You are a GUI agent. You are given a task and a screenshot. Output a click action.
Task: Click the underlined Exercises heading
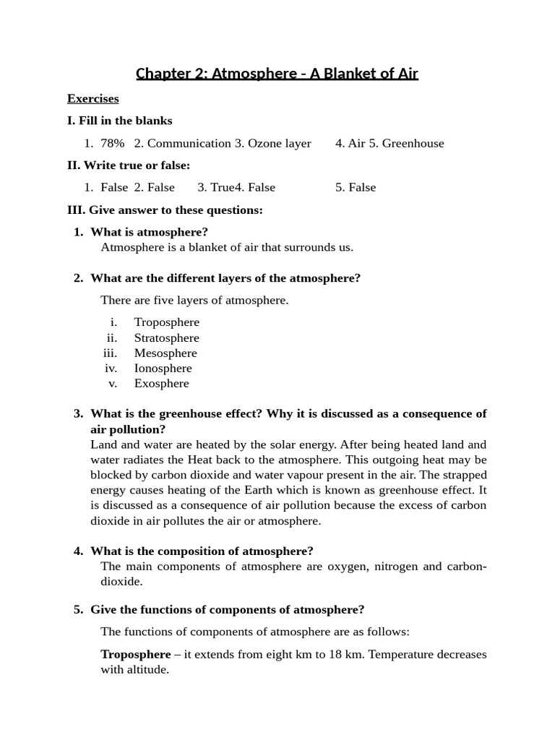point(92,98)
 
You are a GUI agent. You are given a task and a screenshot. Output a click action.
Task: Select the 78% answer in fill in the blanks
point(113,143)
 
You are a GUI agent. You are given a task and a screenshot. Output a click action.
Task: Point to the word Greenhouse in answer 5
point(413,143)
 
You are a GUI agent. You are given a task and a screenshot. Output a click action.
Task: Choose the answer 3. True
point(215,187)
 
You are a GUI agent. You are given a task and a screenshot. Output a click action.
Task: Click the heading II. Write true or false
point(129,165)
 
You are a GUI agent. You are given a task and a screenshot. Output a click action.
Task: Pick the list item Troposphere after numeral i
point(166,322)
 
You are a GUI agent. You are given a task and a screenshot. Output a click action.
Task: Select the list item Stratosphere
point(166,338)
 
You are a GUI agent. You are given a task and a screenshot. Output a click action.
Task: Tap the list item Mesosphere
point(165,353)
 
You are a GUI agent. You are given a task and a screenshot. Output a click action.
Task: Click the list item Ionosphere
point(163,369)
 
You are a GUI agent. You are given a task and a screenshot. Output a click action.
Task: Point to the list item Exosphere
point(161,384)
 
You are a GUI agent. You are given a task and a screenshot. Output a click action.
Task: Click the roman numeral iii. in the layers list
point(110,353)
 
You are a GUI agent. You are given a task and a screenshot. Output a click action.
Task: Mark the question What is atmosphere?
point(149,232)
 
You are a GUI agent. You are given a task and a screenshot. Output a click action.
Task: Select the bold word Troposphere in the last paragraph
point(135,655)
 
